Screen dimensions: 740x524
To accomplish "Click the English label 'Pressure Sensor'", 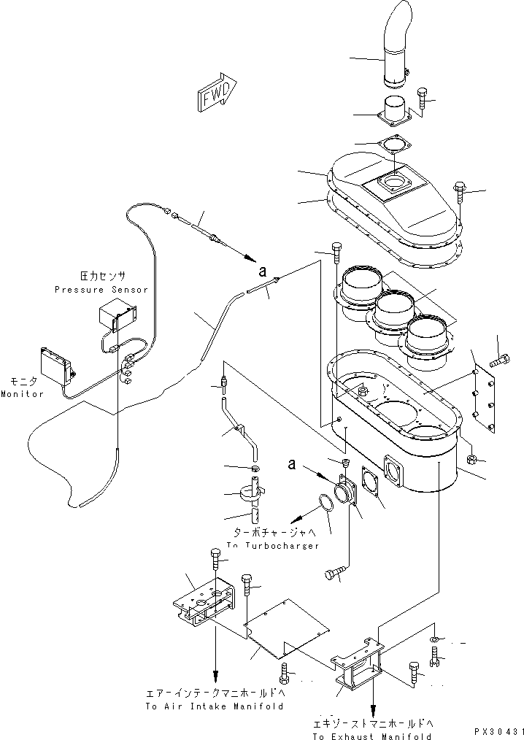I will (x=101, y=290).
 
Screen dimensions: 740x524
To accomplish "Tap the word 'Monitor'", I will (x=22, y=394).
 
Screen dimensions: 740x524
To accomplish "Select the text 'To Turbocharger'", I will (x=272, y=546).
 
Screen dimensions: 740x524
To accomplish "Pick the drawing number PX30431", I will (x=498, y=731).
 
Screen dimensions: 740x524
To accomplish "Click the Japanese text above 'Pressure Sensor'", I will (x=102, y=277).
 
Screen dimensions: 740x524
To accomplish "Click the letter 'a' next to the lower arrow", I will (x=293, y=463).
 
